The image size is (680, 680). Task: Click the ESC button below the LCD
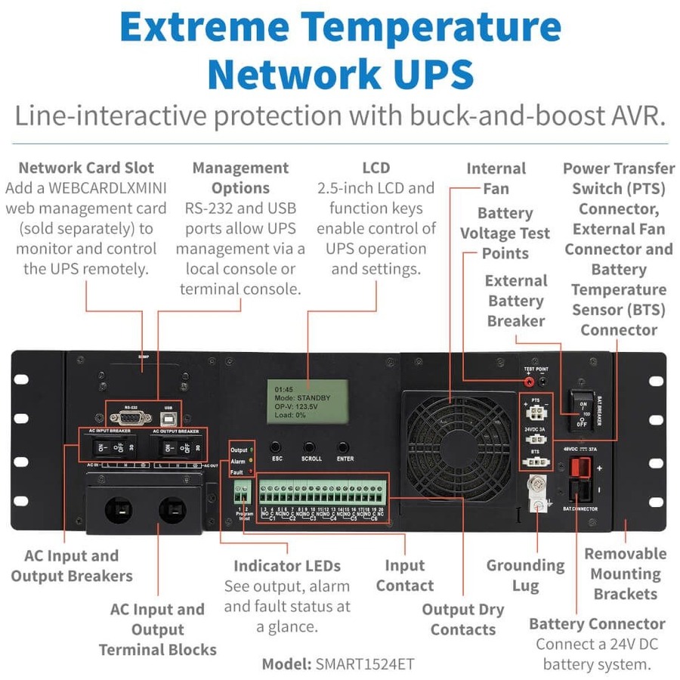pos(276,447)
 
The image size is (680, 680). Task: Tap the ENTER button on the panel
pos(344,447)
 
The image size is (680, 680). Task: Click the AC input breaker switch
pos(107,447)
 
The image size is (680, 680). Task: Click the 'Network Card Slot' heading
pos(86,168)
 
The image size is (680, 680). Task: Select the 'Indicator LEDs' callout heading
pos(286,566)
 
